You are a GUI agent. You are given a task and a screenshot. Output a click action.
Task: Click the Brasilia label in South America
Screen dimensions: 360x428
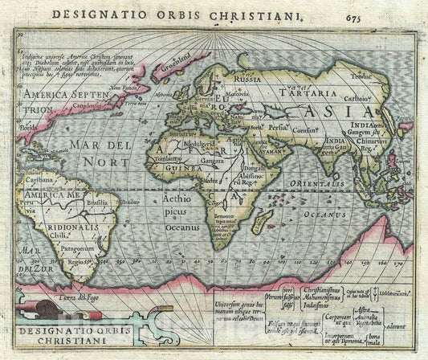tap(99, 205)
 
